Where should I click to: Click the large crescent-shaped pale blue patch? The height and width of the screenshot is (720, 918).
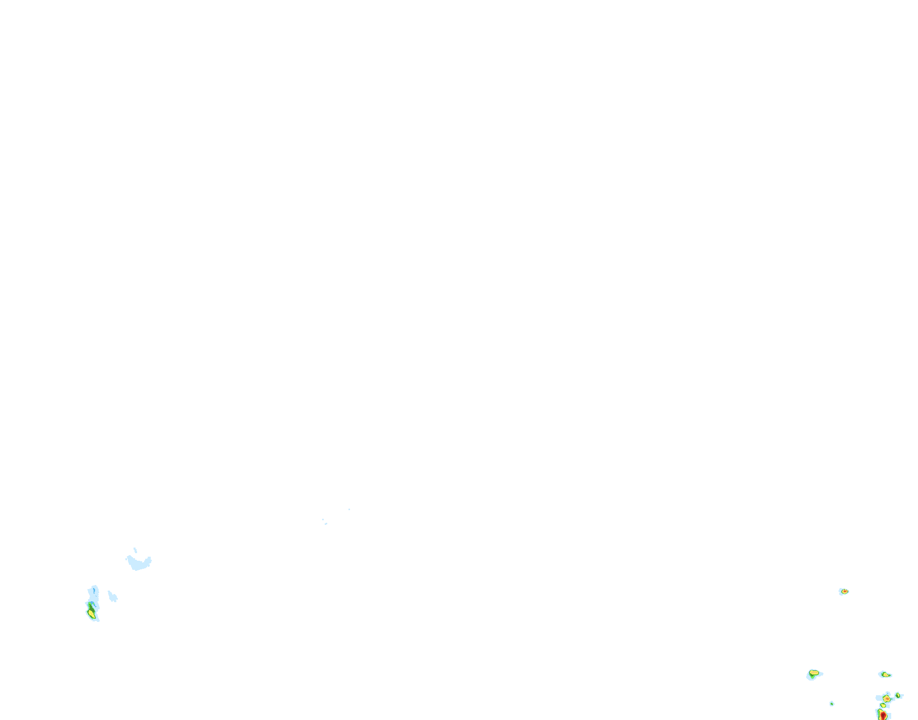coord(138,562)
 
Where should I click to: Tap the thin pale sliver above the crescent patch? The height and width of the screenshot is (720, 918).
coord(135,550)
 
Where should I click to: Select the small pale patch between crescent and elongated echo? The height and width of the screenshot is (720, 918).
coord(112,597)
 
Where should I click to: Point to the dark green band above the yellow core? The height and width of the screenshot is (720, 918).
coord(91,606)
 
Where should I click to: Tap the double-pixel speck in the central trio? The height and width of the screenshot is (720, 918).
coord(326,524)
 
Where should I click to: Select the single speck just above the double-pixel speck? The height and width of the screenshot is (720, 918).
coord(323,519)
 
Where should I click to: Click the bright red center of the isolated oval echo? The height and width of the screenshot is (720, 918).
coord(844,592)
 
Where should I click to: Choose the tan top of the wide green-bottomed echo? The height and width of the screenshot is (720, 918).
coord(814,672)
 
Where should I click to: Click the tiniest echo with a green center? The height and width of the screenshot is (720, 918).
coord(832,703)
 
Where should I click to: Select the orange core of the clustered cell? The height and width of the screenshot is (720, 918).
coord(887,698)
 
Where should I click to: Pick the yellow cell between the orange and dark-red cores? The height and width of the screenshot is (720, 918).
coord(883,705)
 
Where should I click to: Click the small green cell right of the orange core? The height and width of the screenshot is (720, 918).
coord(898,696)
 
